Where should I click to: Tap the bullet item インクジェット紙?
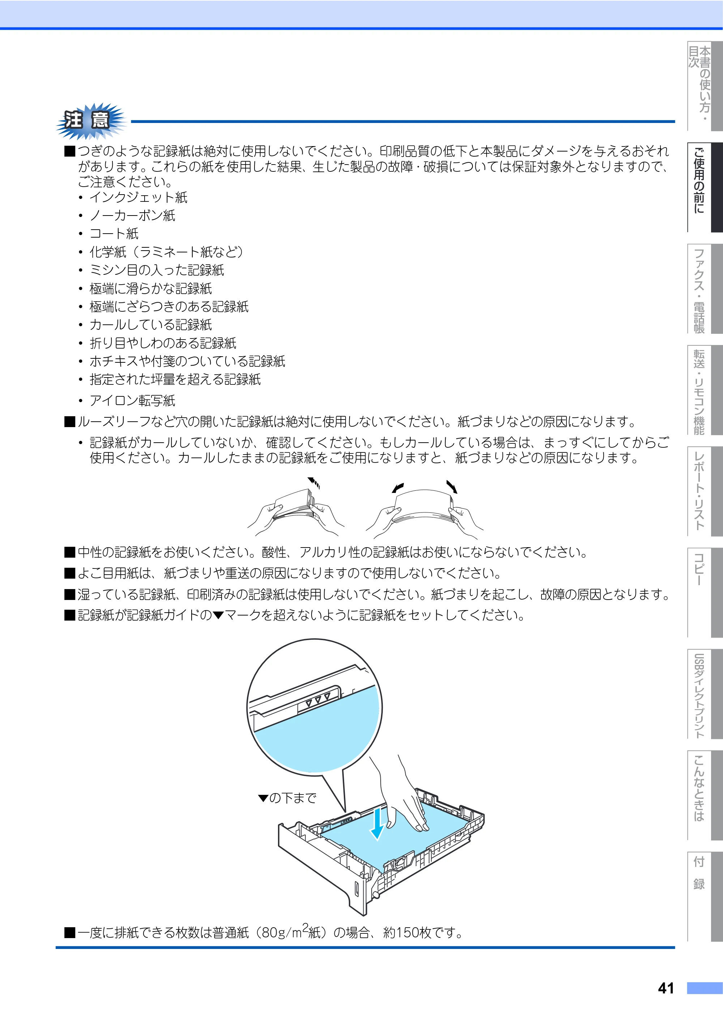(x=138, y=197)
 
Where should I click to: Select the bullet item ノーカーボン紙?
(x=132, y=216)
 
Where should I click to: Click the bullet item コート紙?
(x=114, y=234)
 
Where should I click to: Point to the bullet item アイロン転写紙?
(x=132, y=400)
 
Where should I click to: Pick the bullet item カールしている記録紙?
(x=150, y=325)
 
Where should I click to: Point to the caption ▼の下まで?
(x=287, y=797)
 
